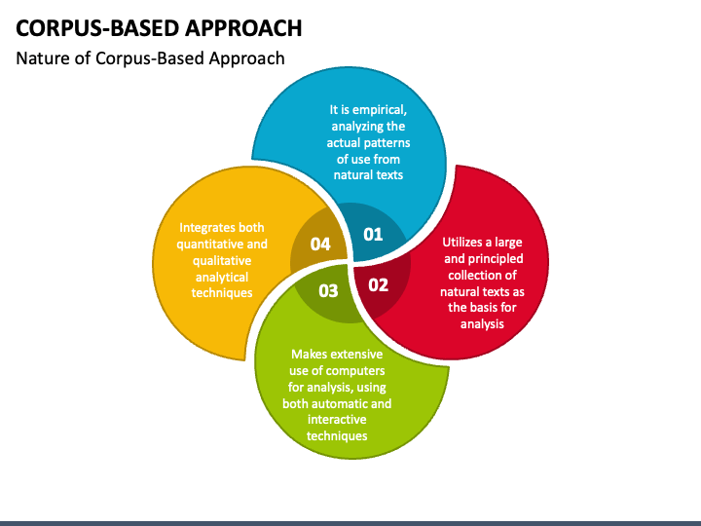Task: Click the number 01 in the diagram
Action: (373, 234)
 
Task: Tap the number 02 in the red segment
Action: (378, 284)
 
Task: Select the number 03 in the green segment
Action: (328, 290)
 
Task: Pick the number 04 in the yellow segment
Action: (320, 244)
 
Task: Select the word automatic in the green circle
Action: (341, 403)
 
